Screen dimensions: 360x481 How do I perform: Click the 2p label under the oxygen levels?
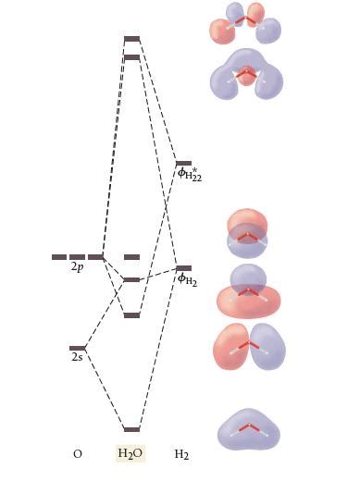(x=77, y=267)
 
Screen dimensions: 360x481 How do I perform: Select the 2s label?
(x=77, y=357)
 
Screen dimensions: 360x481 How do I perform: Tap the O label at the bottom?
(x=77, y=454)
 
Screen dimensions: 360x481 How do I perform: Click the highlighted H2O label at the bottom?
(x=130, y=454)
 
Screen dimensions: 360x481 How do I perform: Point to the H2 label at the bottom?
(x=181, y=454)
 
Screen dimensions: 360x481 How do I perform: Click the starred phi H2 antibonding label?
(x=189, y=174)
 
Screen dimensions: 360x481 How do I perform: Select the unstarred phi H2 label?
(x=187, y=279)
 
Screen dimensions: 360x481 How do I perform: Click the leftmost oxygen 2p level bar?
(x=59, y=257)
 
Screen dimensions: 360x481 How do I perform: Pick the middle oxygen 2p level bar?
(x=77, y=257)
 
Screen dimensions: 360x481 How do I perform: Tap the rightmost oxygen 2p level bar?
(x=95, y=257)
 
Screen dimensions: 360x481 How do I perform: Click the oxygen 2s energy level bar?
(x=78, y=348)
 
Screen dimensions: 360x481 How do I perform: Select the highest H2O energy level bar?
(x=131, y=39)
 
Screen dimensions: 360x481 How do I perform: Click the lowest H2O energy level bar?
(x=131, y=429)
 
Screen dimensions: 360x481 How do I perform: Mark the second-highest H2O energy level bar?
(x=131, y=57)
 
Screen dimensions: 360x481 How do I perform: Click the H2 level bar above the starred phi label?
(x=183, y=163)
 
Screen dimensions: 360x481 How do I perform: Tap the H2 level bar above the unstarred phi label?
(x=183, y=268)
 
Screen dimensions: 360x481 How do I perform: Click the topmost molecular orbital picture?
(x=245, y=23)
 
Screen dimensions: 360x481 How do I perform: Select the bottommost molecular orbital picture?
(x=248, y=429)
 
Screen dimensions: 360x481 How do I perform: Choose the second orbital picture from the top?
(x=246, y=75)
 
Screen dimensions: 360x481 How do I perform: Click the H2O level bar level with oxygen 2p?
(x=131, y=257)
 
